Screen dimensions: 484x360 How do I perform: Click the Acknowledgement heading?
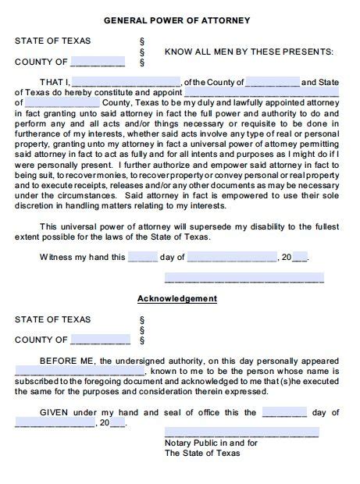[x=177, y=299]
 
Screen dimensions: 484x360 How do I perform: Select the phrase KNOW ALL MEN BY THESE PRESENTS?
[x=248, y=52]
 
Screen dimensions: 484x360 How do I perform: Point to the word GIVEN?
[x=56, y=412]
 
